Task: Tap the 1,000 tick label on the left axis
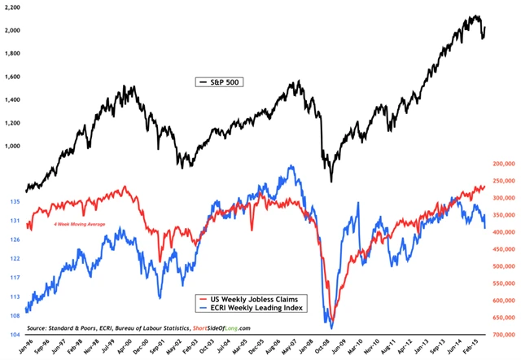click(x=12, y=146)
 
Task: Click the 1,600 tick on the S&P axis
click(x=12, y=76)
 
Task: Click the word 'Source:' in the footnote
click(x=39, y=328)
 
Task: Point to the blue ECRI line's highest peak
click(x=291, y=166)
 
